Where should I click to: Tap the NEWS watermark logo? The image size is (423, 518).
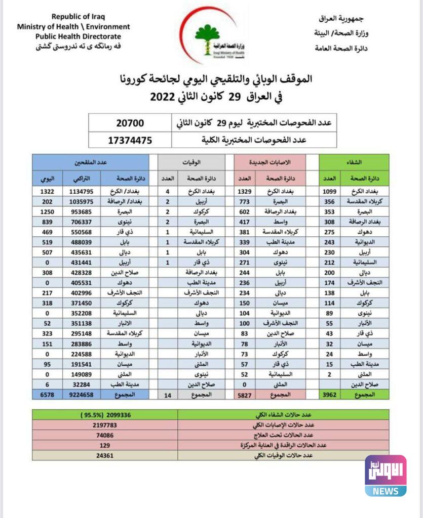[385, 476]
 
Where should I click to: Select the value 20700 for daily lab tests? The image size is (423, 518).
[130, 123]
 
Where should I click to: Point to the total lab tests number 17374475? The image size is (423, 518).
[130, 140]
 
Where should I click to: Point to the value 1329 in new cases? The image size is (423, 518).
[245, 191]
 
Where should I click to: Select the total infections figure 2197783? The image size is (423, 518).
[105, 425]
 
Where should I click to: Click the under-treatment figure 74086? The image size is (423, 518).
[105, 435]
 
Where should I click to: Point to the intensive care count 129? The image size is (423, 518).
[105, 445]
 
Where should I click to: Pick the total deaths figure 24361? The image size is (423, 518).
[105, 455]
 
